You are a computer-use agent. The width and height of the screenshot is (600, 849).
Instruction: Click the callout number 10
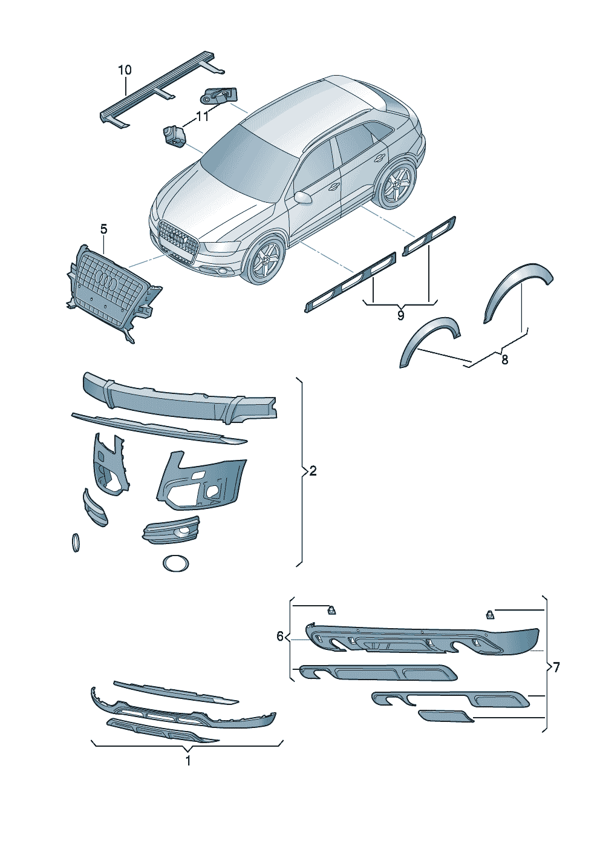point(125,70)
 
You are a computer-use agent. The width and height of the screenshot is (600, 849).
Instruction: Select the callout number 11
point(202,117)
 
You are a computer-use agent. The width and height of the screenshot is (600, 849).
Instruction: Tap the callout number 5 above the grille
point(104,229)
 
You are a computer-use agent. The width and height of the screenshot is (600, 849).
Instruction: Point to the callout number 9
point(401,315)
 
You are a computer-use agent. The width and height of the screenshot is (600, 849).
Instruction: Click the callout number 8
point(504,359)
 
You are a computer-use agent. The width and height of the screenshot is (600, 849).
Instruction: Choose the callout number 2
point(313,471)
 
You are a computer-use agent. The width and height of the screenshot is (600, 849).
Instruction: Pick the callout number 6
point(280,637)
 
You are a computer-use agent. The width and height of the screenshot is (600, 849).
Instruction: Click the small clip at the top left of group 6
point(332,620)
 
